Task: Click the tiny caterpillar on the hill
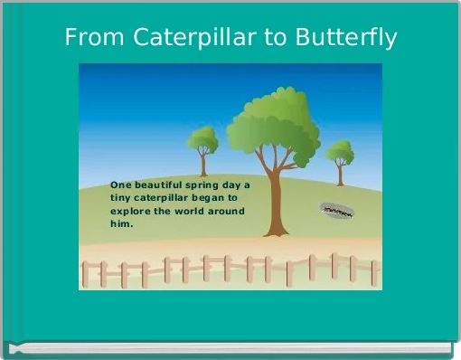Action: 336,211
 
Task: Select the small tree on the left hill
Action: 202,141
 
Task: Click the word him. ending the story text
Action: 121,223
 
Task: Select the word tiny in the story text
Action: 120,197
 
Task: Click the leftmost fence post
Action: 86,273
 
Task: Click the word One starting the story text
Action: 120,185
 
